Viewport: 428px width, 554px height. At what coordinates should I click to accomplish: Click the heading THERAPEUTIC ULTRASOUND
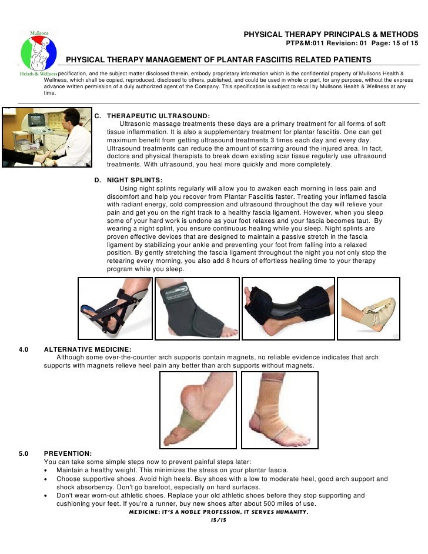[158, 116]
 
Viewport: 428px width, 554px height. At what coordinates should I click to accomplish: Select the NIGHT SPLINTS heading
[135, 180]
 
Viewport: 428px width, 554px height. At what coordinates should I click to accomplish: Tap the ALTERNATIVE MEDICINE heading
[88, 349]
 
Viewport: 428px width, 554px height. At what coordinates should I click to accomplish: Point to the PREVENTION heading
[68, 453]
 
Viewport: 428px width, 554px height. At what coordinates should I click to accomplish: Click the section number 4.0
[24, 349]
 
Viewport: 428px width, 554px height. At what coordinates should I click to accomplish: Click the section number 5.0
[24, 453]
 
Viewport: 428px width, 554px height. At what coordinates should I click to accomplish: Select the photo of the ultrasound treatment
[46, 137]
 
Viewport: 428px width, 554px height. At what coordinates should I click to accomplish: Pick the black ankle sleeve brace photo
[197, 308]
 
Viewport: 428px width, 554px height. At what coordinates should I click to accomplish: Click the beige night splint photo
[369, 308]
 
